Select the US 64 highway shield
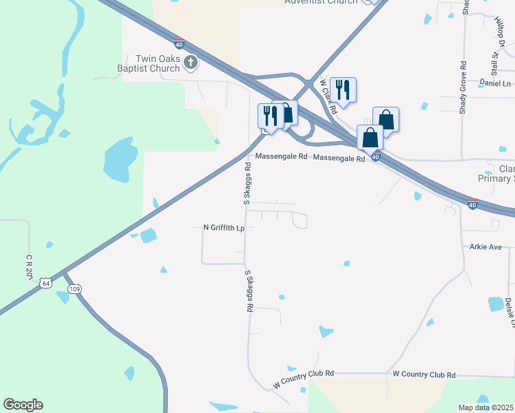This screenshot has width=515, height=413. [x=45, y=283]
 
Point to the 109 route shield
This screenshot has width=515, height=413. [x=75, y=289]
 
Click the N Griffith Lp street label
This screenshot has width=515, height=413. [x=224, y=227]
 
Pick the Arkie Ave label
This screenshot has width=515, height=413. [x=486, y=246]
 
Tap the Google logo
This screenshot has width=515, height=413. [x=23, y=405]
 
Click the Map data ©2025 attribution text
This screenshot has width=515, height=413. [x=486, y=407]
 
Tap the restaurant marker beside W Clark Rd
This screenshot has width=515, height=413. [x=343, y=89]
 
